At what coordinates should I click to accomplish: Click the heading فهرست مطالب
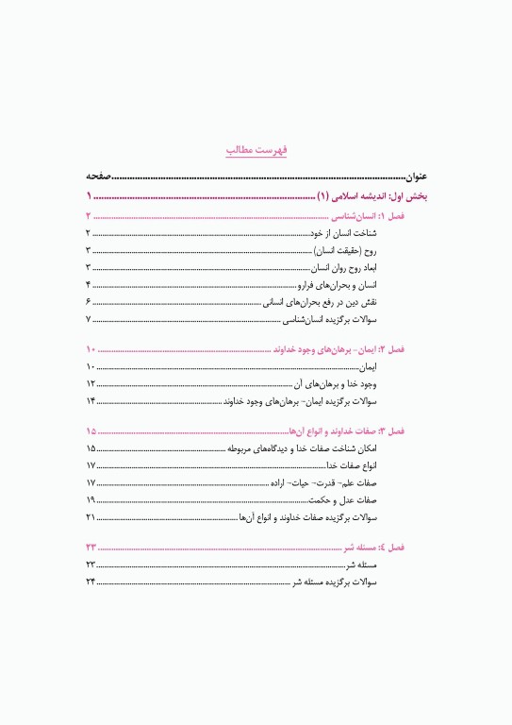pos(256,149)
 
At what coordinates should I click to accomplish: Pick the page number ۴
pos(88,284)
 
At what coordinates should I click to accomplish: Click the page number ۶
pos(88,302)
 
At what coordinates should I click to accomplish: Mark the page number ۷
pos(88,320)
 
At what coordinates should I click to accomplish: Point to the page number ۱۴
pos(91,401)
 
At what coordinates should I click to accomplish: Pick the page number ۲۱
pos(91,518)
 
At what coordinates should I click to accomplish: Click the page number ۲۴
pos(91,582)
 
